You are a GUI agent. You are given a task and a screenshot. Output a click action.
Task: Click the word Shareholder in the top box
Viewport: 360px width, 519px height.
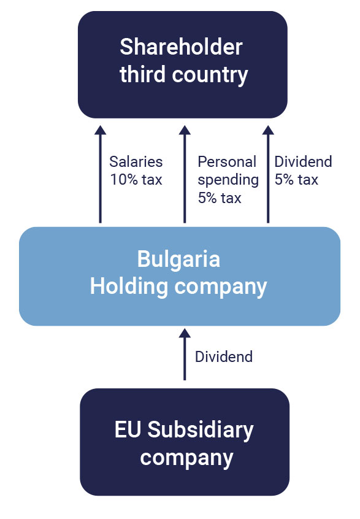(x=181, y=47)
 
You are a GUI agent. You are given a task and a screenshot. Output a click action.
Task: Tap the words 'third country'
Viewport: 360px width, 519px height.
(x=183, y=74)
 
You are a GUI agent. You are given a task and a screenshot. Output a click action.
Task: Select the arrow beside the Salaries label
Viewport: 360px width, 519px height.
(x=100, y=174)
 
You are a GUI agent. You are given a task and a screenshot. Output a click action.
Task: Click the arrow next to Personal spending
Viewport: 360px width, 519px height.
(x=185, y=174)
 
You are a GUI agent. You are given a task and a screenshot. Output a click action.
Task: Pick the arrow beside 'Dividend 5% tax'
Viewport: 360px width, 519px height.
(x=268, y=174)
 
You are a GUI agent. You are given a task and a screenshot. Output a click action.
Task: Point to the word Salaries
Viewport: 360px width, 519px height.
(x=136, y=162)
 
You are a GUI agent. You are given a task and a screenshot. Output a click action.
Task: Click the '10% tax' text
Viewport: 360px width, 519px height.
(x=136, y=180)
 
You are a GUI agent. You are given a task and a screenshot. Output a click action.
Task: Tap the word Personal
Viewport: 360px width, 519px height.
(x=227, y=162)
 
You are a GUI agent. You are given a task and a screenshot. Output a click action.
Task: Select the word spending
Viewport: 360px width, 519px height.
(x=228, y=180)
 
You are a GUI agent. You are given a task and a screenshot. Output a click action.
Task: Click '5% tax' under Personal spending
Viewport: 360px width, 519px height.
(x=220, y=198)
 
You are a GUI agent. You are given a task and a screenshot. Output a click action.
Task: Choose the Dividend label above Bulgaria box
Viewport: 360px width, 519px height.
(x=303, y=162)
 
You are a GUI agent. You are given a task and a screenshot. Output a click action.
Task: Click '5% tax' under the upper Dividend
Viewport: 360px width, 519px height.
(x=296, y=180)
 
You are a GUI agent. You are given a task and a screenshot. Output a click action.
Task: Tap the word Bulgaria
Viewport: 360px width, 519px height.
(x=178, y=259)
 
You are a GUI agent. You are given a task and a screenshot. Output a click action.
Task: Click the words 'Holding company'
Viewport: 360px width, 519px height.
(x=178, y=286)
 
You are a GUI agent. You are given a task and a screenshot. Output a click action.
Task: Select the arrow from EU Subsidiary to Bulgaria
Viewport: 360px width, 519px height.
(x=185, y=355)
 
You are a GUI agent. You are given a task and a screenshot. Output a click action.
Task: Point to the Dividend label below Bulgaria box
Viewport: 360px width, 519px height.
(x=224, y=357)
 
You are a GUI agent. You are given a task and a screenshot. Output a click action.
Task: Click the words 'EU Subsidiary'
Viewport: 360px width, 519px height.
(x=184, y=429)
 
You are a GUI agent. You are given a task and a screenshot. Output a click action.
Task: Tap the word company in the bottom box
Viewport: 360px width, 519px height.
(x=186, y=458)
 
